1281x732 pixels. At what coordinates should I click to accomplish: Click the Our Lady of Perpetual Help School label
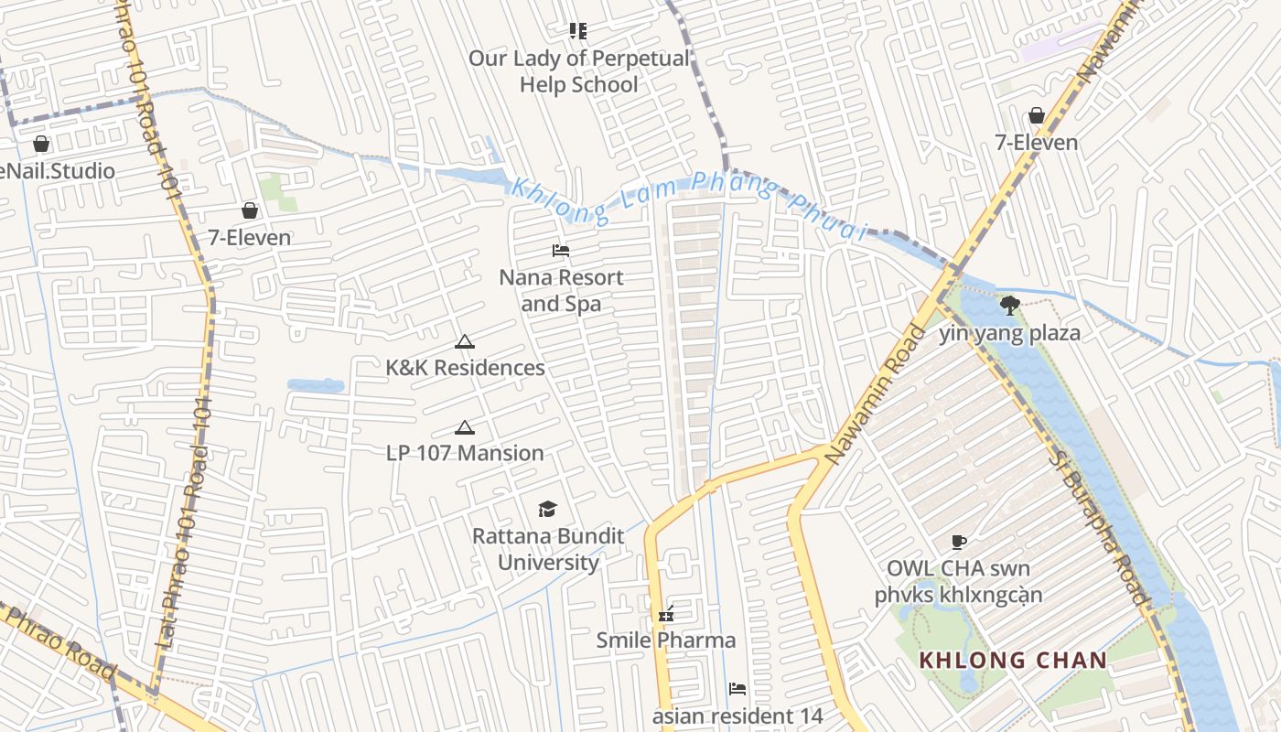click(578, 71)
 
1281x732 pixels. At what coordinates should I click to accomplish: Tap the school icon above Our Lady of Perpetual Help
click(577, 31)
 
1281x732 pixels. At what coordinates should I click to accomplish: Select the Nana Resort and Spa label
click(561, 290)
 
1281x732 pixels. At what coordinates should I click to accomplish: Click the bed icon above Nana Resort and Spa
click(561, 251)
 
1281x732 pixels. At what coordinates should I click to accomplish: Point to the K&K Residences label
click(465, 368)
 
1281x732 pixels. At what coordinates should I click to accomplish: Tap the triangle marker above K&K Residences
click(465, 342)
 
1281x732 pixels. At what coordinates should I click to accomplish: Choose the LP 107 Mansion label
click(465, 453)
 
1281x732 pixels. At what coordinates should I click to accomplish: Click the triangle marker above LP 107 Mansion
click(465, 427)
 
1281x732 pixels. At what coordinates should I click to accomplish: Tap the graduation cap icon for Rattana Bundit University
click(547, 509)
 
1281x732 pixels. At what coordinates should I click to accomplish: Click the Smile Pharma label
click(666, 640)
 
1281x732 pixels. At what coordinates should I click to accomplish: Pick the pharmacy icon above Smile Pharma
click(666, 614)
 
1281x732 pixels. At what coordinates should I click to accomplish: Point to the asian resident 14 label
click(737, 716)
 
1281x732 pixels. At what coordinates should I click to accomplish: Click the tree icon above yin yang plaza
click(1009, 306)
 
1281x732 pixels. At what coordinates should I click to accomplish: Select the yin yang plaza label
click(1009, 333)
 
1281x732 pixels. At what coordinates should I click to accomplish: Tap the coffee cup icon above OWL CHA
click(958, 542)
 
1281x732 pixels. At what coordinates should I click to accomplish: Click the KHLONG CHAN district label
click(1013, 660)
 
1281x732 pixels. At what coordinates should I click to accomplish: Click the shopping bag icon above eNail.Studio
click(41, 144)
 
